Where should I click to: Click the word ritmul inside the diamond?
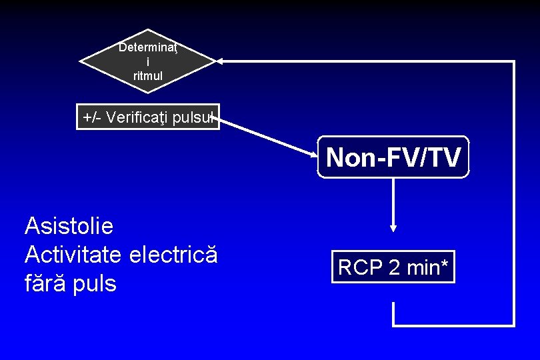tap(147, 76)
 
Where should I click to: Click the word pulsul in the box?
tap(194, 118)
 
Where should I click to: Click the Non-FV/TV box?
tap(393, 157)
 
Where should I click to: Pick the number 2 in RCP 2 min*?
tap(393, 267)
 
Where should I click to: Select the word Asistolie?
tap(69, 227)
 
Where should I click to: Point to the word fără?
tap(47, 284)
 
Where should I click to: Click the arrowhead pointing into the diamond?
tap(221, 61)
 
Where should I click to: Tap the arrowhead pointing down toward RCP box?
tap(393, 227)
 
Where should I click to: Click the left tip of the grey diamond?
tap(81, 61)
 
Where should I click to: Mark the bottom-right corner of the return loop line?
tap(513, 325)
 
